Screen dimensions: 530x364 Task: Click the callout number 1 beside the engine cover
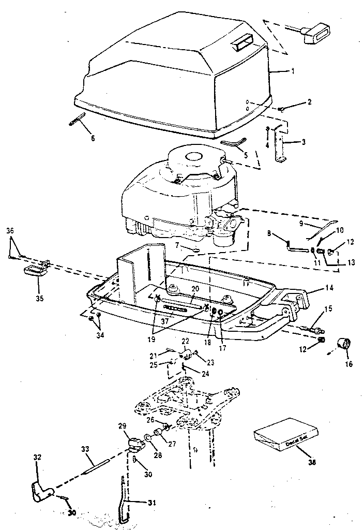click(x=293, y=71)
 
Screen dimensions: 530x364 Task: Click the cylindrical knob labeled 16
click(x=343, y=344)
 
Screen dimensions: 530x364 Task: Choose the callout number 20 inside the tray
click(x=195, y=288)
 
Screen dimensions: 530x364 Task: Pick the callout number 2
click(x=310, y=102)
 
